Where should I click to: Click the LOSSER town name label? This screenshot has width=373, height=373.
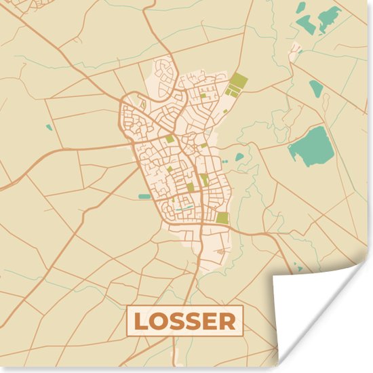(184, 321)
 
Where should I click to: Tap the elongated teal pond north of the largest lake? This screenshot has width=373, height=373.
(316, 87)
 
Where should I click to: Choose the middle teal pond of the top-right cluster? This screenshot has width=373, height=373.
(307, 24)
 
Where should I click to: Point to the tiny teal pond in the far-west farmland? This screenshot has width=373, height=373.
(49, 127)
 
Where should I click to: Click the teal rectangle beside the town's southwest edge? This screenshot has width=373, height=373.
(144, 197)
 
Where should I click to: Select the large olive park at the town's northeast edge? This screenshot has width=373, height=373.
(236, 84)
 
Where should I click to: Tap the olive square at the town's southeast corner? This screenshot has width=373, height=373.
(222, 218)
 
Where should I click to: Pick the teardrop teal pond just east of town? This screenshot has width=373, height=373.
(239, 157)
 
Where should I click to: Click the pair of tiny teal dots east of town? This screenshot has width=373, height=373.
(225, 162)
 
